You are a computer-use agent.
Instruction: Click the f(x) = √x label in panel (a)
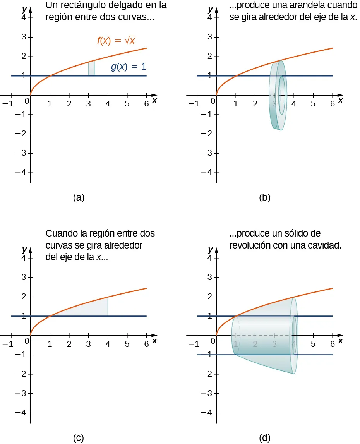(116, 41)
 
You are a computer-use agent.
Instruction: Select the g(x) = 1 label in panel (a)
(129, 67)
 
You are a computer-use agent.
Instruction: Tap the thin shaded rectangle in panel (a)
(92, 69)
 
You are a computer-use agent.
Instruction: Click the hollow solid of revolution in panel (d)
(267, 341)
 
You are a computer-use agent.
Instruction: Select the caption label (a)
(79, 197)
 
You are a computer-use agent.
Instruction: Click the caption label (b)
(265, 197)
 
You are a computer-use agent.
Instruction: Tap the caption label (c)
(79, 438)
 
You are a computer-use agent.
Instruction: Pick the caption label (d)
(265, 438)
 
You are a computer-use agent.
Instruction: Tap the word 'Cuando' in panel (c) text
(59, 234)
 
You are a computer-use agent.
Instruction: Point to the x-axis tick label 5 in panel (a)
(127, 104)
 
